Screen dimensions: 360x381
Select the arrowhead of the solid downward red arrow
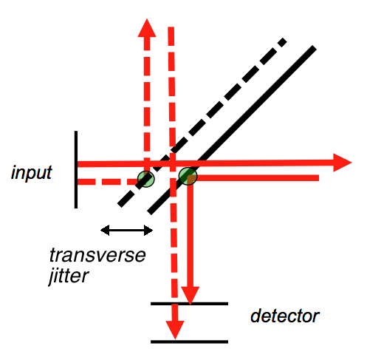(191, 293)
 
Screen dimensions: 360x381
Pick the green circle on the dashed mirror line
(145, 178)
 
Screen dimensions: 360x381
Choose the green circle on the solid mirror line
(188, 176)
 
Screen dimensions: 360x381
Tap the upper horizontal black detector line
(189, 304)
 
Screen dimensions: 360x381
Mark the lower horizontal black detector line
(189, 342)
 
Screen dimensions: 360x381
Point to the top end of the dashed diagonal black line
(284, 39)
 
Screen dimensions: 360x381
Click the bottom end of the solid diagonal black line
(149, 212)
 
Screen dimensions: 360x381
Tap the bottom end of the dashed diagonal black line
(118, 205)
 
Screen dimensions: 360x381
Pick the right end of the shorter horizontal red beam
(317, 177)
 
